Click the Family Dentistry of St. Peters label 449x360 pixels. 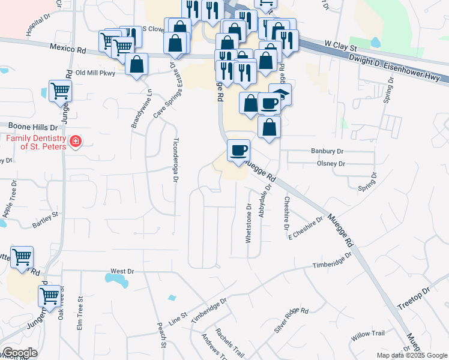tap(35, 142)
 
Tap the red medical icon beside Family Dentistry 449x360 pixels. tap(76, 142)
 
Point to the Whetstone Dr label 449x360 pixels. tap(249, 223)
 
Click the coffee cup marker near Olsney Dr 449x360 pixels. tap(239, 150)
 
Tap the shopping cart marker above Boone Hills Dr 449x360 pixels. tap(60, 91)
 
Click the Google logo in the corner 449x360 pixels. tap(20, 353)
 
